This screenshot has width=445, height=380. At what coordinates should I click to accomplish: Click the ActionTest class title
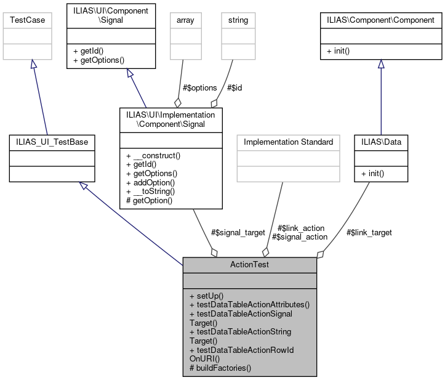click(249, 264)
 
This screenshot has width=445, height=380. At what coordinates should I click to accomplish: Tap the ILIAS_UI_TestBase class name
click(52, 142)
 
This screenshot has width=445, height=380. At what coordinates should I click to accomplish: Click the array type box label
click(185, 20)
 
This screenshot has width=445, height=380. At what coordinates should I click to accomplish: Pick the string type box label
click(238, 20)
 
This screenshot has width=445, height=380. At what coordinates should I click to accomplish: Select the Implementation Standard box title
click(288, 142)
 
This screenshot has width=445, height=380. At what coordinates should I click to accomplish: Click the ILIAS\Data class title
click(380, 142)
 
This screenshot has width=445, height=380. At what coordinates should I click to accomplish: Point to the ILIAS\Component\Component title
click(381, 20)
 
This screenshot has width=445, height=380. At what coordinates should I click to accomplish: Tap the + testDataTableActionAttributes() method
click(249, 304)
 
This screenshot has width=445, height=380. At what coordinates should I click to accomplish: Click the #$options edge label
click(199, 87)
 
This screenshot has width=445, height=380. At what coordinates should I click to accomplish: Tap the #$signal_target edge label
click(238, 232)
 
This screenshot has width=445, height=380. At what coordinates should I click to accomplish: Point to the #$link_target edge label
click(369, 232)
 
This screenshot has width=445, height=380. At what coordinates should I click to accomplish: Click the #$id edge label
click(235, 87)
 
